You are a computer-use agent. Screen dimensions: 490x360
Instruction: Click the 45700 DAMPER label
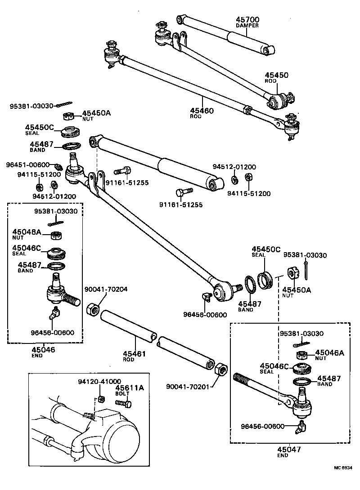pos(247,22)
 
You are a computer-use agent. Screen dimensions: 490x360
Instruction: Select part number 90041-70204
pos(106,290)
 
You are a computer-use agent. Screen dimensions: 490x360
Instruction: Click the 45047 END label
pos(289,451)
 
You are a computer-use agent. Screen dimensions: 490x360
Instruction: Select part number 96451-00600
pos(27,165)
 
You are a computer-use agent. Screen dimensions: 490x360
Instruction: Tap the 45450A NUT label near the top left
pos(96,115)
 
